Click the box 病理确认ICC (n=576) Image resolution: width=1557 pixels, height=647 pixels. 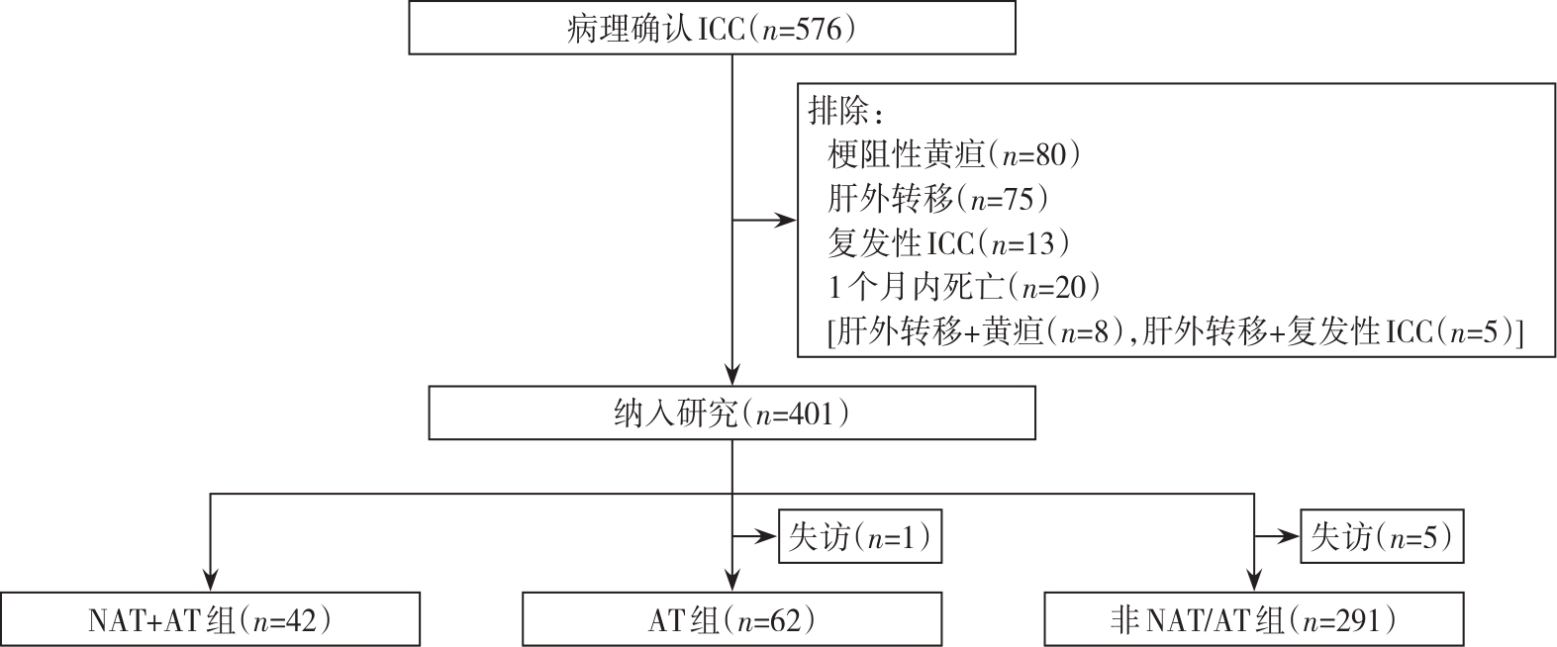[x=713, y=29]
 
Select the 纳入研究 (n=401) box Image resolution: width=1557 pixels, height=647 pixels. [x=731, y=413]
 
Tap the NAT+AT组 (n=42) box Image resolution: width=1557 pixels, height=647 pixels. [x=210, y=619]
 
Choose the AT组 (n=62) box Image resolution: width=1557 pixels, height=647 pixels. [x=731, y=619]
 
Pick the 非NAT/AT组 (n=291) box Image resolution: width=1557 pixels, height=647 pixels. [x=1253, y=619]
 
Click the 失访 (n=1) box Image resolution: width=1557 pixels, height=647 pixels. [x=859, y=537]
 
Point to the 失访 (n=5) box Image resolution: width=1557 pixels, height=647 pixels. [x=1381, y=537]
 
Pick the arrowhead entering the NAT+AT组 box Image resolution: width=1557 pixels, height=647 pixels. [x=210, y=582]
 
